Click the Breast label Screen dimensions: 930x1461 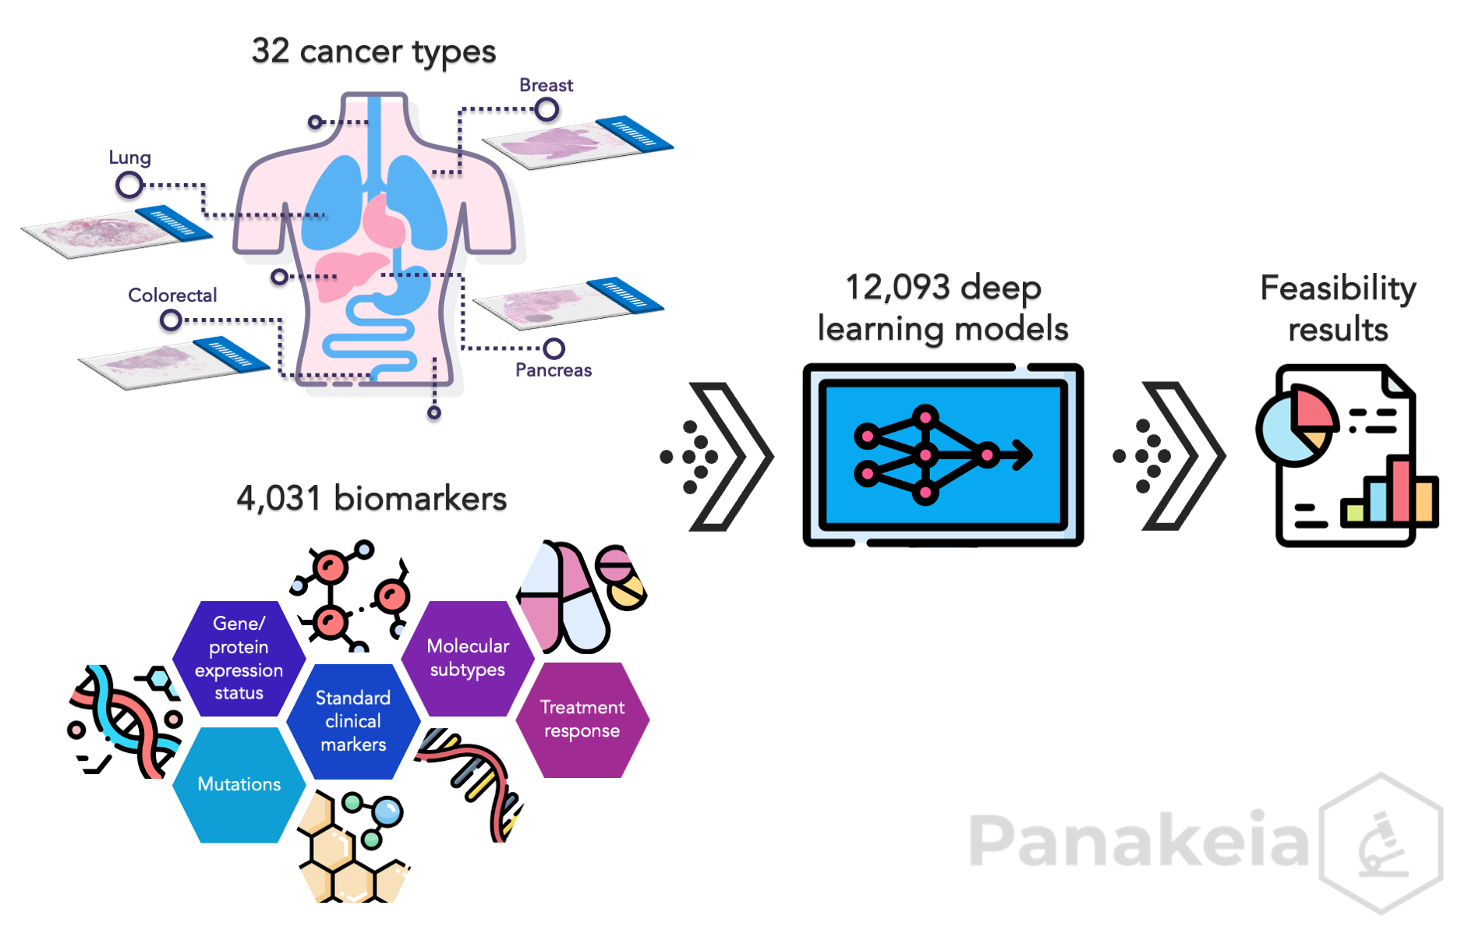(546, 85)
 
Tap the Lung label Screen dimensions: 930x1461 (129, 157)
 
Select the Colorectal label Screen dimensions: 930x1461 (172, 295)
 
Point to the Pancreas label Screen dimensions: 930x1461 (554, 370)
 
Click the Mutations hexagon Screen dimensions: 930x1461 (239, 784)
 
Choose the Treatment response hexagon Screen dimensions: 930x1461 (582, 720)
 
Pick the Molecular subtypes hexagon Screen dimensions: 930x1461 (468, 658)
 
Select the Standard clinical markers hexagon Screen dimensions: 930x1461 (353, 721)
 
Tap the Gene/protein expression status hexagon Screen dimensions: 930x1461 (239, 658)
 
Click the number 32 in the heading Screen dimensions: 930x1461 (271, 51)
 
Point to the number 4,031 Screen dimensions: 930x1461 (279, 499)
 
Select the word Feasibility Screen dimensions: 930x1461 (1338, 288)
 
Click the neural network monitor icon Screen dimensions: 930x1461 (943, 455)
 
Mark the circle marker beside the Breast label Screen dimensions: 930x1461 (547, 110)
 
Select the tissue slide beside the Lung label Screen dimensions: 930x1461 (117, 232)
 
